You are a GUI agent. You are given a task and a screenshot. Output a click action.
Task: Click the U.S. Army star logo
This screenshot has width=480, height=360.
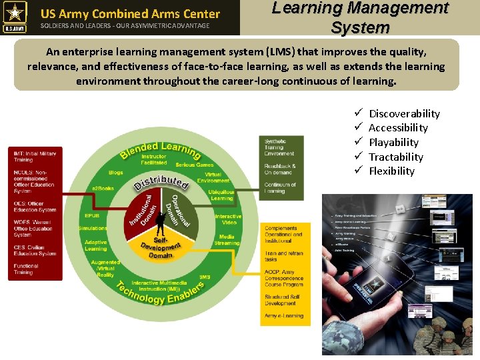click(x=14, y=17)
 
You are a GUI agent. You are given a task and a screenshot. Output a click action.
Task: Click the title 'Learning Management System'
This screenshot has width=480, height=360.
click(x=359, y=17)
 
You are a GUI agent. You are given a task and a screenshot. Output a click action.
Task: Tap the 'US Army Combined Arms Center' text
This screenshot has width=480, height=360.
click(x=130, y=13)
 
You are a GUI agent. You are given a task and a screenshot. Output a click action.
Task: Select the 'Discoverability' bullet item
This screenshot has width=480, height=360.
click(x=404, y=113)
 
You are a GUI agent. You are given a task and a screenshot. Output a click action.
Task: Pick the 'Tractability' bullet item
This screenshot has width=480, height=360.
click(x=395, y=157)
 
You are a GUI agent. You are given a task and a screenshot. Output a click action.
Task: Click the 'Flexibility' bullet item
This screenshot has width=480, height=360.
click(x=391, y=171)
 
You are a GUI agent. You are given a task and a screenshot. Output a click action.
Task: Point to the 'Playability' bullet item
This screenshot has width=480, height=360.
click(x=393, y=142)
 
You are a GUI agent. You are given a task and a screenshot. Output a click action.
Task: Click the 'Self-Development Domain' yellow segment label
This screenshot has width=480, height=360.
click(x=161, y=246)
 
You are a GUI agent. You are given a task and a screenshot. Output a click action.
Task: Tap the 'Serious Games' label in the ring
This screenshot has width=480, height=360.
click(x=195, y=165)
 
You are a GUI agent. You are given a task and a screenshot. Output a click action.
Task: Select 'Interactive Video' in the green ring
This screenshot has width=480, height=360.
click(x=228, y=219)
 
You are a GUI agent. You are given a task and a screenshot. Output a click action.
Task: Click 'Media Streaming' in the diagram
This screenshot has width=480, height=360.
click(x=227, y=239)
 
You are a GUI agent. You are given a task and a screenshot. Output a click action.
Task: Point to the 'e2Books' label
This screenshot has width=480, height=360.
click(x=103, y=189)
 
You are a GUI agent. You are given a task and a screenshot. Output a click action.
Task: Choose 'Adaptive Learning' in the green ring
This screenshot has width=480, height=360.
click(x=95, y=245)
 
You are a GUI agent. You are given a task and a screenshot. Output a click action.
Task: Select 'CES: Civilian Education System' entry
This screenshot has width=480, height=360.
click(x=35, y=250)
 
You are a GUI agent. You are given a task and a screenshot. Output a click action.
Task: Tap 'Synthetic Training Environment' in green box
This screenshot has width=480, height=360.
click(x=279, y=147)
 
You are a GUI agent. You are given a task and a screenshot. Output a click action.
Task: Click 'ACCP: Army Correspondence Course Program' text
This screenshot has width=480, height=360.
click(x=284, y=279)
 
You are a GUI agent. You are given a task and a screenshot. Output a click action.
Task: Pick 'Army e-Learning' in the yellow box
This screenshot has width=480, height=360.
click(x=284, y=316)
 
